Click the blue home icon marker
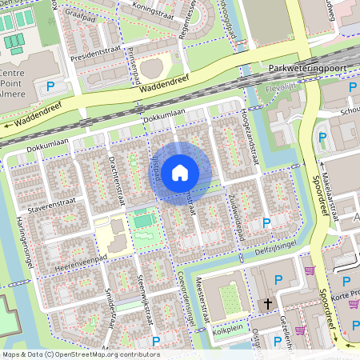pyautogui.click(x=180, y=172)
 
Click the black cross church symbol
pyautogui.click(x=269, y=304)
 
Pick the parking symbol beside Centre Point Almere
pyautogui.click(x=51, y=86)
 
